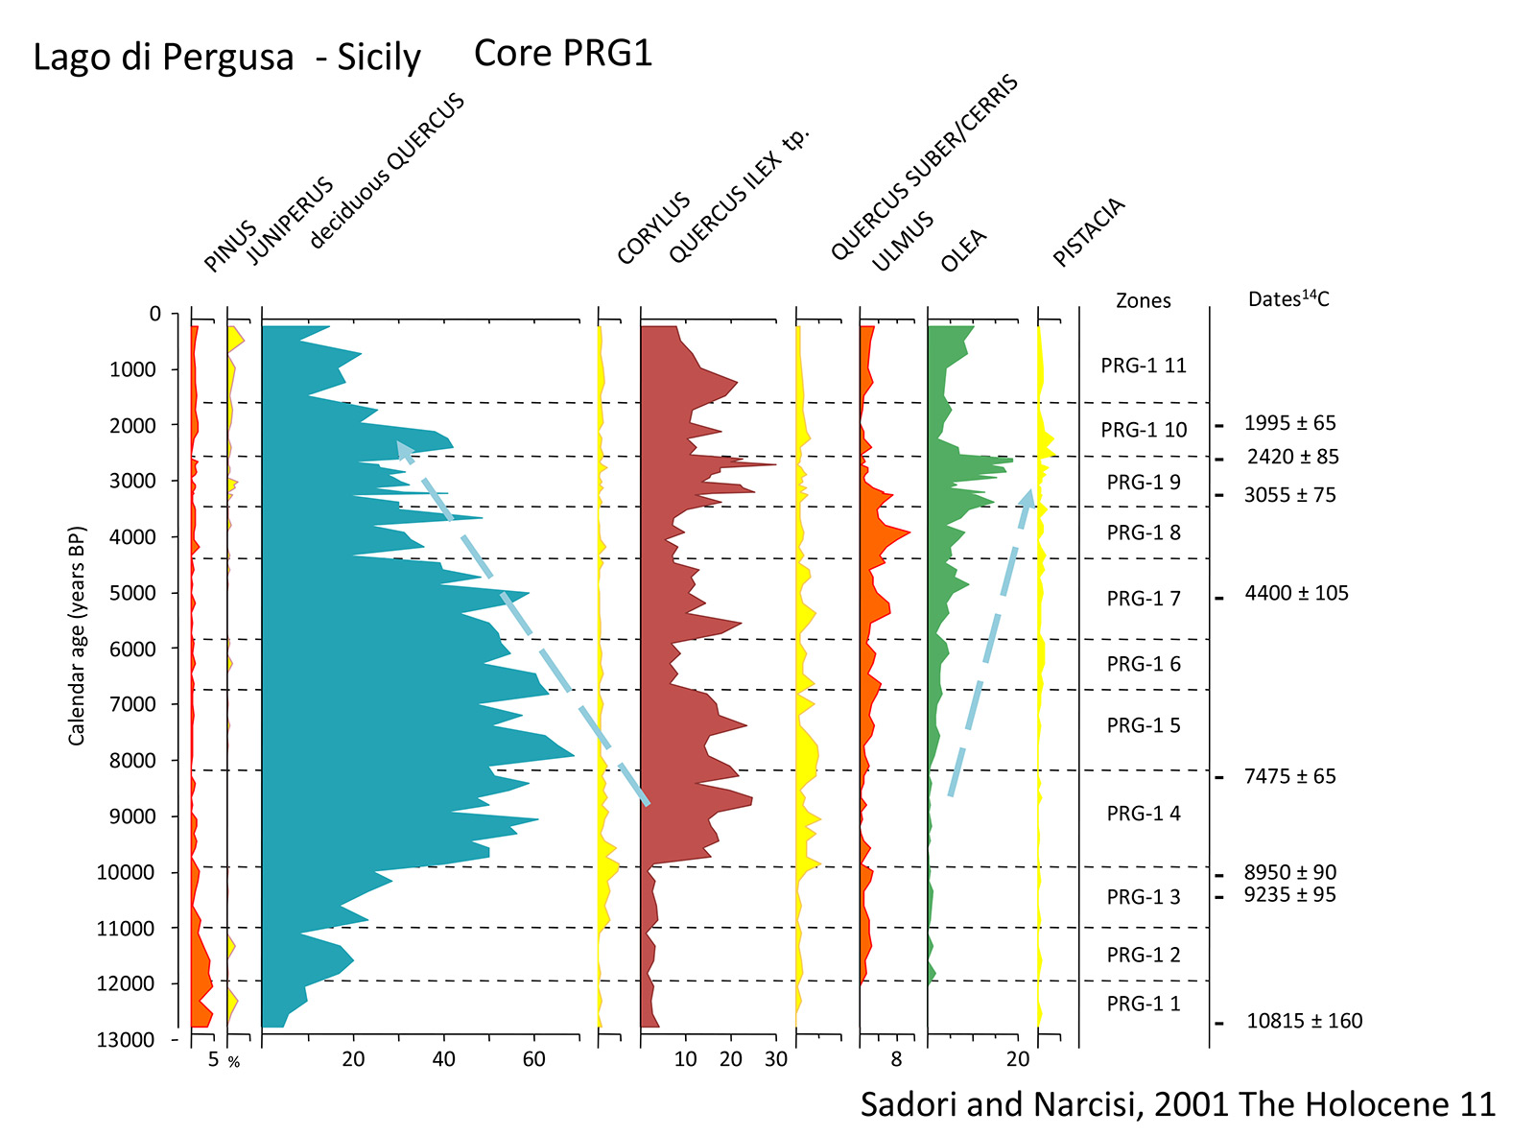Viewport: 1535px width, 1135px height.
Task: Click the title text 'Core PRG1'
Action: (x=563, y=54)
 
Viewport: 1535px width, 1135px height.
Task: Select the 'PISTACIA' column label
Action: (x=1088, y=232)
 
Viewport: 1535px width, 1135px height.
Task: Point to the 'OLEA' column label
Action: (x=963, y=250)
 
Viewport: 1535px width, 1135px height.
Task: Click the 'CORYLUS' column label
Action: (x=653, y=228)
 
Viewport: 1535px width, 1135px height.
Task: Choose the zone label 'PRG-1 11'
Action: (x=1143, y=366)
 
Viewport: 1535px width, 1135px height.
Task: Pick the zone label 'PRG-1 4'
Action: (x=1143, y=814)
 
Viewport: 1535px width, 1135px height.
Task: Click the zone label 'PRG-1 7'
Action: (x=1143, y=599)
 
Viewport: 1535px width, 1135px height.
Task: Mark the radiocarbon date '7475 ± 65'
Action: (x=1289, y=776)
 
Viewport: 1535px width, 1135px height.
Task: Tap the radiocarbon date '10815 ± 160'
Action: (x=1304, y=1021)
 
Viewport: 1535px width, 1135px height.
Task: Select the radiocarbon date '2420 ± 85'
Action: (x=1292, y=457)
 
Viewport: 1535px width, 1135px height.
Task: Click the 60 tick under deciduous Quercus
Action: (x=533, y=1059)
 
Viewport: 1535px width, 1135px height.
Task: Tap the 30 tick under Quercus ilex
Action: (x=775, y=1059)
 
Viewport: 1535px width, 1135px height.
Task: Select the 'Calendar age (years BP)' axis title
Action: (x=77, y=635)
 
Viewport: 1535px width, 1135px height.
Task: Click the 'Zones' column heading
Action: (x=1143, y=300)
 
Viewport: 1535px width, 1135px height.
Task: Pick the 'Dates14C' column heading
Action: (x=1287, y=299)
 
